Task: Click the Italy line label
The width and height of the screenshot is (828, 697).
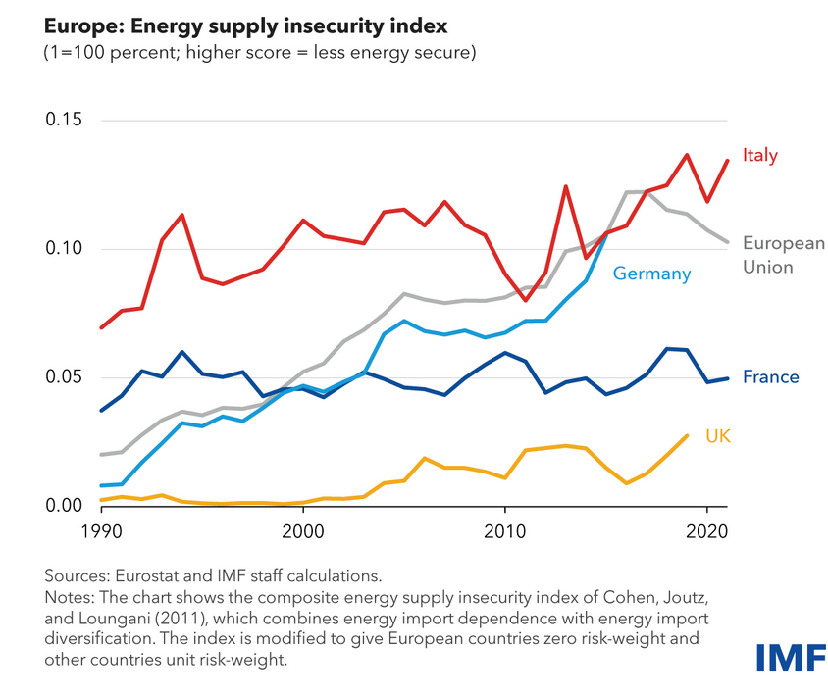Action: pyautogui.click(x=760, y=155)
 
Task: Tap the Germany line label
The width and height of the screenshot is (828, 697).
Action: pyautogui.click(x=651, y=274)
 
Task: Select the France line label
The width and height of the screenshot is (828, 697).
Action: pyautogui.click(x=771, y=377)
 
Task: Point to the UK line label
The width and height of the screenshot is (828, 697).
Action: pyautogui.click(x=719, y=434)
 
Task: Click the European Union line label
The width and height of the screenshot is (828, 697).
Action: pyautogui.click(x=784, y=255)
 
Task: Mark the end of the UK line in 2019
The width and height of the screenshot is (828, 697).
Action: pyautogui.click(x=687, y=435)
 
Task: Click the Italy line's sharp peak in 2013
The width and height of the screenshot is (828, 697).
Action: pyautogui.click(x=565, y=186)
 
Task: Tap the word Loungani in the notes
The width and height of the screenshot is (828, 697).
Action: pyautogui.click(x=117, y=618)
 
